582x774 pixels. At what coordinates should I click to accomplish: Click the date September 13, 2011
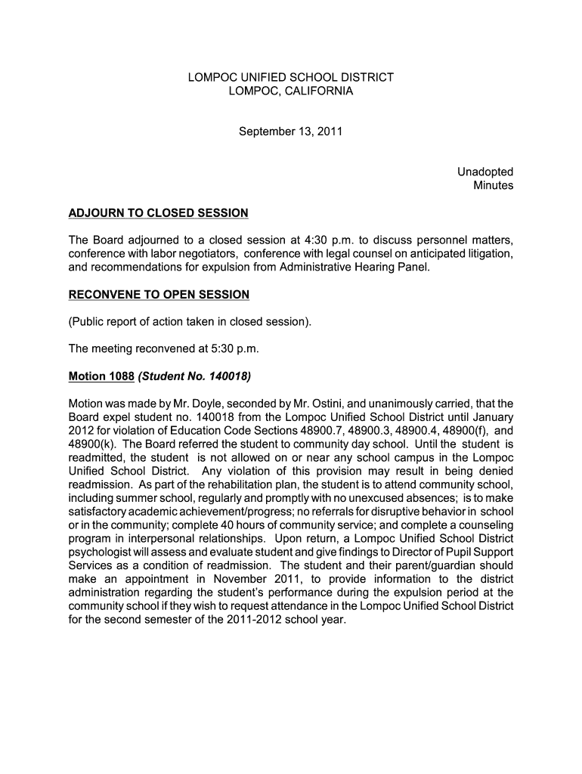point(290,132)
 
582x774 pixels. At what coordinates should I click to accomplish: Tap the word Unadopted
point(485,172)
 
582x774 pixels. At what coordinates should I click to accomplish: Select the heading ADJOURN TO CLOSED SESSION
point(158,212)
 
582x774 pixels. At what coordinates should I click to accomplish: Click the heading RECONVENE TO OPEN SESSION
point(159,294)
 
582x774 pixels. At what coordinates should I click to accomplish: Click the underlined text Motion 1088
point(101,376)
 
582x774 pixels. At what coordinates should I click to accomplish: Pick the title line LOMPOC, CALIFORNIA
point(290,91)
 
